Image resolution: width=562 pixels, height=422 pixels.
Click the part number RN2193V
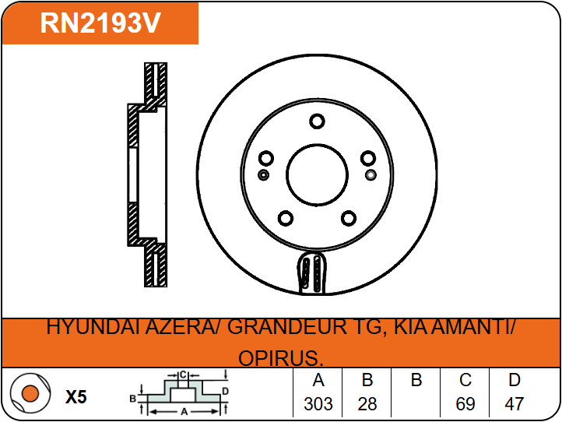(100, 23)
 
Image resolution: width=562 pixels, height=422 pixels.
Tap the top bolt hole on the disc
(317, 121)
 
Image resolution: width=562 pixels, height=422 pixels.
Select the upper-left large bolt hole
(266, 158)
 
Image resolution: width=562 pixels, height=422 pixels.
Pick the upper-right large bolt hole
(367, 158)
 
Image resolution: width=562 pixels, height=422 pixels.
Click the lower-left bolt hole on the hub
(286, 218)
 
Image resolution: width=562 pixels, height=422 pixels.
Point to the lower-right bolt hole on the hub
(349, 218)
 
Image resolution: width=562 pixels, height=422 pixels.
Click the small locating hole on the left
(263, 175)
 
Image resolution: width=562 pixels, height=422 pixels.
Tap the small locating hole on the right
(371, 175)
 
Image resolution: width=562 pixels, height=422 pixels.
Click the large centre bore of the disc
(317, 175)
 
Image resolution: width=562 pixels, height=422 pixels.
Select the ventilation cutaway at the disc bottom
(311, 273)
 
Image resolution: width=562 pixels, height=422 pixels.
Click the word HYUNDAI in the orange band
(93, 327)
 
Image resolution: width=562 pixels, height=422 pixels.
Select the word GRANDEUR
(286, 327)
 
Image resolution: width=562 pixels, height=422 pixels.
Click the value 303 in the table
(318, 404)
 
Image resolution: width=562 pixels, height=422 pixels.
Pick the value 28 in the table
(367, 404)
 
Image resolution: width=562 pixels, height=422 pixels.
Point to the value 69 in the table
(465, 404)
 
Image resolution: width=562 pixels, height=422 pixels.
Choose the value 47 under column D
(514, 404)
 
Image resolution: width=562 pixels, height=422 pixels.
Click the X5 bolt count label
(76, 397)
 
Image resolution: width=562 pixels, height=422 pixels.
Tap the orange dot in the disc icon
(30, 393)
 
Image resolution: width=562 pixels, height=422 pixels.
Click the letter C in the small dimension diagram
(183, 375)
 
